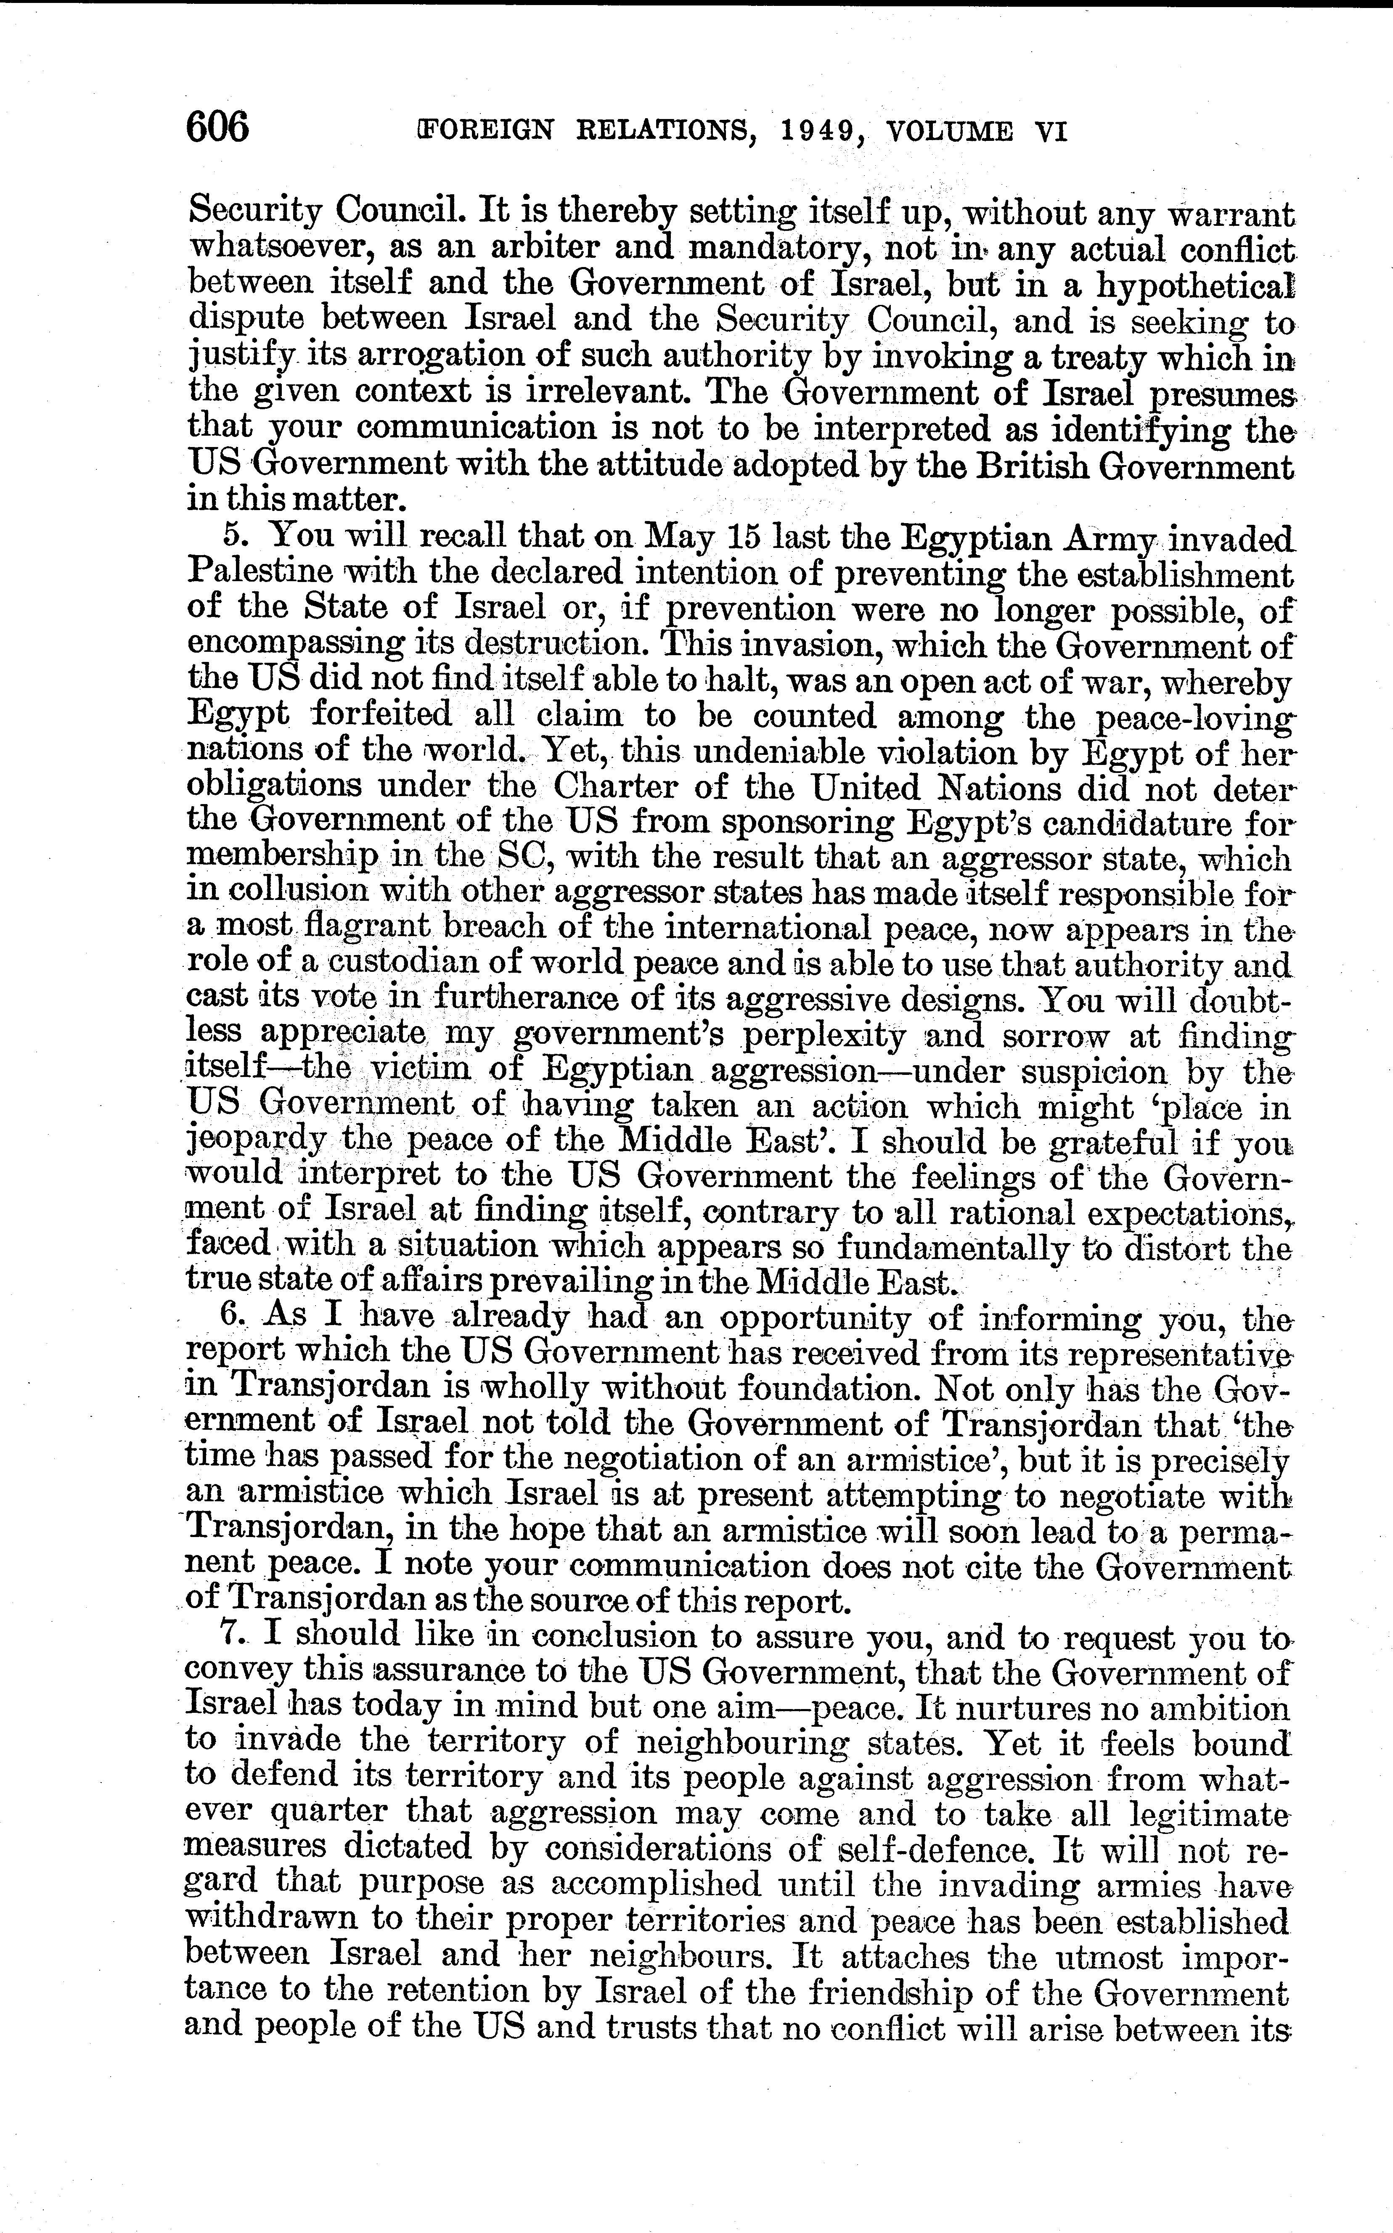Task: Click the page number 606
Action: (x=217, y=126)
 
